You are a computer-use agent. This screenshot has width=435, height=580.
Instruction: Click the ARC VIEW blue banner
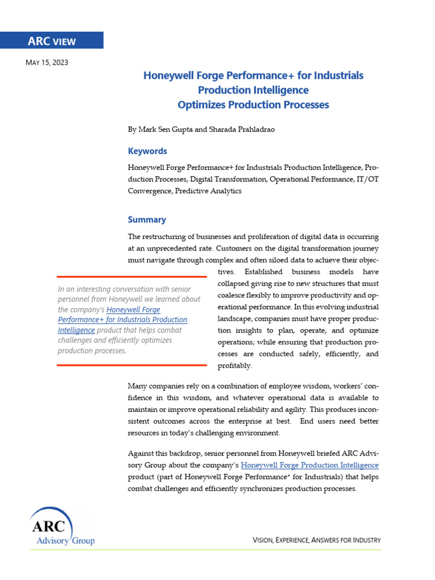[52, 41]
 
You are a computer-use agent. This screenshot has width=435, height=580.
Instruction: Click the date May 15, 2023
[47, 63]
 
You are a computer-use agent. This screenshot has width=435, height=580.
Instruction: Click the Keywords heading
[147, 151]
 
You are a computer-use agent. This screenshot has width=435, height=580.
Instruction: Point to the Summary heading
[147, 220]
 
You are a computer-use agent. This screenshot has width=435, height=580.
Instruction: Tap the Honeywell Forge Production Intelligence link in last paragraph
[310, 466]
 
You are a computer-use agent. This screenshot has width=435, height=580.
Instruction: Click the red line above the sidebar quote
[131, 277]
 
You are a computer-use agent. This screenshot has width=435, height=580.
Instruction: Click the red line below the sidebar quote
[131, 365]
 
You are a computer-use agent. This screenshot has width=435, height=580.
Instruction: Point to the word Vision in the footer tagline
[262, 540]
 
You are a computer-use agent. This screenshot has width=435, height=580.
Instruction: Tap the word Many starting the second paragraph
[139, 386]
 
